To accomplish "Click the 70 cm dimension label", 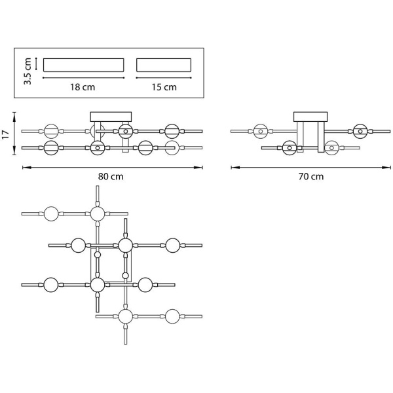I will pyautogui.click(x=311, y=177).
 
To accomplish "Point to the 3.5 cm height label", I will pyautogui.click(x=28, y=69).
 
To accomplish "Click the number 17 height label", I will pyautogui.click(x=5, y=135).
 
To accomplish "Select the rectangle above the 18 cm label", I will pyautogui.click(x=83, y=65).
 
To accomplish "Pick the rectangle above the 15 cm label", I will pyautogui.click(x=164, y=65).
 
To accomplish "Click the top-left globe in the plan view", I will pyautogui.click(x=52, y=214).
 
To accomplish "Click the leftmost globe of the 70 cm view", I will pyautogui.click(x=261, y=131).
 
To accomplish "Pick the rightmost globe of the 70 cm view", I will pyautogui.click(x=360, y=131).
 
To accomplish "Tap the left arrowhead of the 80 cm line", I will pyautogui.click(x=24, y=167).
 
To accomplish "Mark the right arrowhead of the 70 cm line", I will pyautogui.click(x=389, y=167).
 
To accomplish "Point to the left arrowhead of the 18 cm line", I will pyautogui.click(x=45, y=77).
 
